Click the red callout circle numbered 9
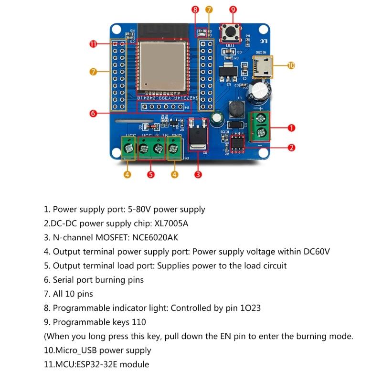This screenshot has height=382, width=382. tap(233, 9)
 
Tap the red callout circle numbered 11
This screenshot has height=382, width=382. tap(93, 44)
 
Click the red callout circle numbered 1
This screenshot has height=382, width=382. tap(292, 127)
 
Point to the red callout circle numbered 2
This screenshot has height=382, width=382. tap(292, 148)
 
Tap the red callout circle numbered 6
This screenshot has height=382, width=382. tap(93, 113)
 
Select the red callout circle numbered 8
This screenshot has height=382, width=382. tap(195, 9)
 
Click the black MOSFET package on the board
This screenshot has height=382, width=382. tap(197, 136)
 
